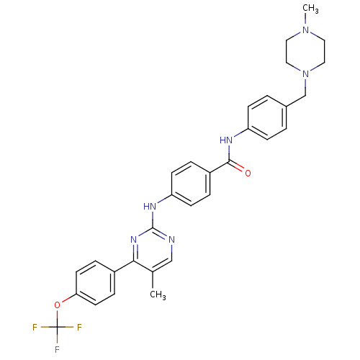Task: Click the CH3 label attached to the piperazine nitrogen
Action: (x=310, y=9)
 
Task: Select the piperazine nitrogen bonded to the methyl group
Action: (x=305, y=30)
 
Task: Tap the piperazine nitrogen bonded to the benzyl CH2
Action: (x=305, y=73)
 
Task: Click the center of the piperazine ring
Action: (x=305, y=52)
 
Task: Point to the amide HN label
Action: (x=226, y=140)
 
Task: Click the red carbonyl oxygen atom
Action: (x=248, y=173)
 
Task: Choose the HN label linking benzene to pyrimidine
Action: (x=150, y=206)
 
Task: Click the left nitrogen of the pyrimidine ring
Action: (x=134, y=239)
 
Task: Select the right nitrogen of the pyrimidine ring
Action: (x=171, y=239)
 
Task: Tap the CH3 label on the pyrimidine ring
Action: (x=158, y=294)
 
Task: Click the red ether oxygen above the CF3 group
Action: (x=57, y=305)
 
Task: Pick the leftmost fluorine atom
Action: (x=35, y=327)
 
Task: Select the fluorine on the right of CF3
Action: (x=79, y=327)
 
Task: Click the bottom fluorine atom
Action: (x=57, y=349)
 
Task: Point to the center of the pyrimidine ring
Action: (x=153, y=251)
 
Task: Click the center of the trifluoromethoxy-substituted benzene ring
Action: (x=95, y=283)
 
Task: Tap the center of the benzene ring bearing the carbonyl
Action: (x=191, y=184)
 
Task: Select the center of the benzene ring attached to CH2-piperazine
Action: (x=267, y=118)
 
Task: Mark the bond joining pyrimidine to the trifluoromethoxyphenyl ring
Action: (x=124, y=266)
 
